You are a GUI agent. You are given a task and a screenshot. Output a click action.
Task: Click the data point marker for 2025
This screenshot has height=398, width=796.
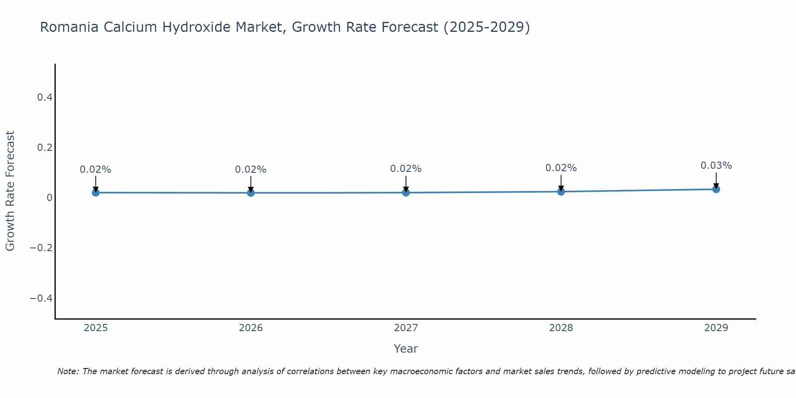(96, 193)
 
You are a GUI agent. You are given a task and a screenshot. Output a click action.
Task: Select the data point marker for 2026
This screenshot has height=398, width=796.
(251, 193)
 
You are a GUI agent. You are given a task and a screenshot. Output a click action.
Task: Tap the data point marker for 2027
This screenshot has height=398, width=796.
(406, 193)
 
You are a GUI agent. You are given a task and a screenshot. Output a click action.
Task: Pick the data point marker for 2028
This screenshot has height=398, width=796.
(561, 191)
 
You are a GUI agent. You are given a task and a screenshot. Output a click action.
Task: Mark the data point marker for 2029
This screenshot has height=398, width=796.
(716, 189)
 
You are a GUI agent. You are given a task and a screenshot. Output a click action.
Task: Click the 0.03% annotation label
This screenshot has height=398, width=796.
(716, 166)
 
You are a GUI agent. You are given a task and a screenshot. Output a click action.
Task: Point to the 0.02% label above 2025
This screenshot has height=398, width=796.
(96, 170)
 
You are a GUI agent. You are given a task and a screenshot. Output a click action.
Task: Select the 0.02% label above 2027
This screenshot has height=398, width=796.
(406, 169)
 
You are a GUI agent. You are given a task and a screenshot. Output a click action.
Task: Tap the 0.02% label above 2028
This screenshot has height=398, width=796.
(561, 168)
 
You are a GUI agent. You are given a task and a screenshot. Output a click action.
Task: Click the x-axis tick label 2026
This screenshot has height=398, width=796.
(251, 328)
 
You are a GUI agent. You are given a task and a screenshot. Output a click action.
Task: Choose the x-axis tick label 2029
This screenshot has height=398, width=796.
(716, 328)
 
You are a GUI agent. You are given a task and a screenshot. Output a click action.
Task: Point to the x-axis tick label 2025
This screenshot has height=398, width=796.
(96, 328)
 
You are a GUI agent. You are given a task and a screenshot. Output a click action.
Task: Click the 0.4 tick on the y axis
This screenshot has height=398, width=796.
(45, 97)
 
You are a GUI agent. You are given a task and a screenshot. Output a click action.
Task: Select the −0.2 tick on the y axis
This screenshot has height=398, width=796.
(41, 248)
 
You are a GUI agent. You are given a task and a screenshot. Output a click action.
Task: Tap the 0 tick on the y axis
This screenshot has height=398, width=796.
(49, 198)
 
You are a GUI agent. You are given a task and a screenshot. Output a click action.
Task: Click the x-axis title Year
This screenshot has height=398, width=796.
(406, 349)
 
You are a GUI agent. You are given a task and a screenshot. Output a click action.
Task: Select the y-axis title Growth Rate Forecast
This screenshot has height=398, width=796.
(10, 191)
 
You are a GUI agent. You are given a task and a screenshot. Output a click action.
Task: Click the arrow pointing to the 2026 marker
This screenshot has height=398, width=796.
(251, 184)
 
